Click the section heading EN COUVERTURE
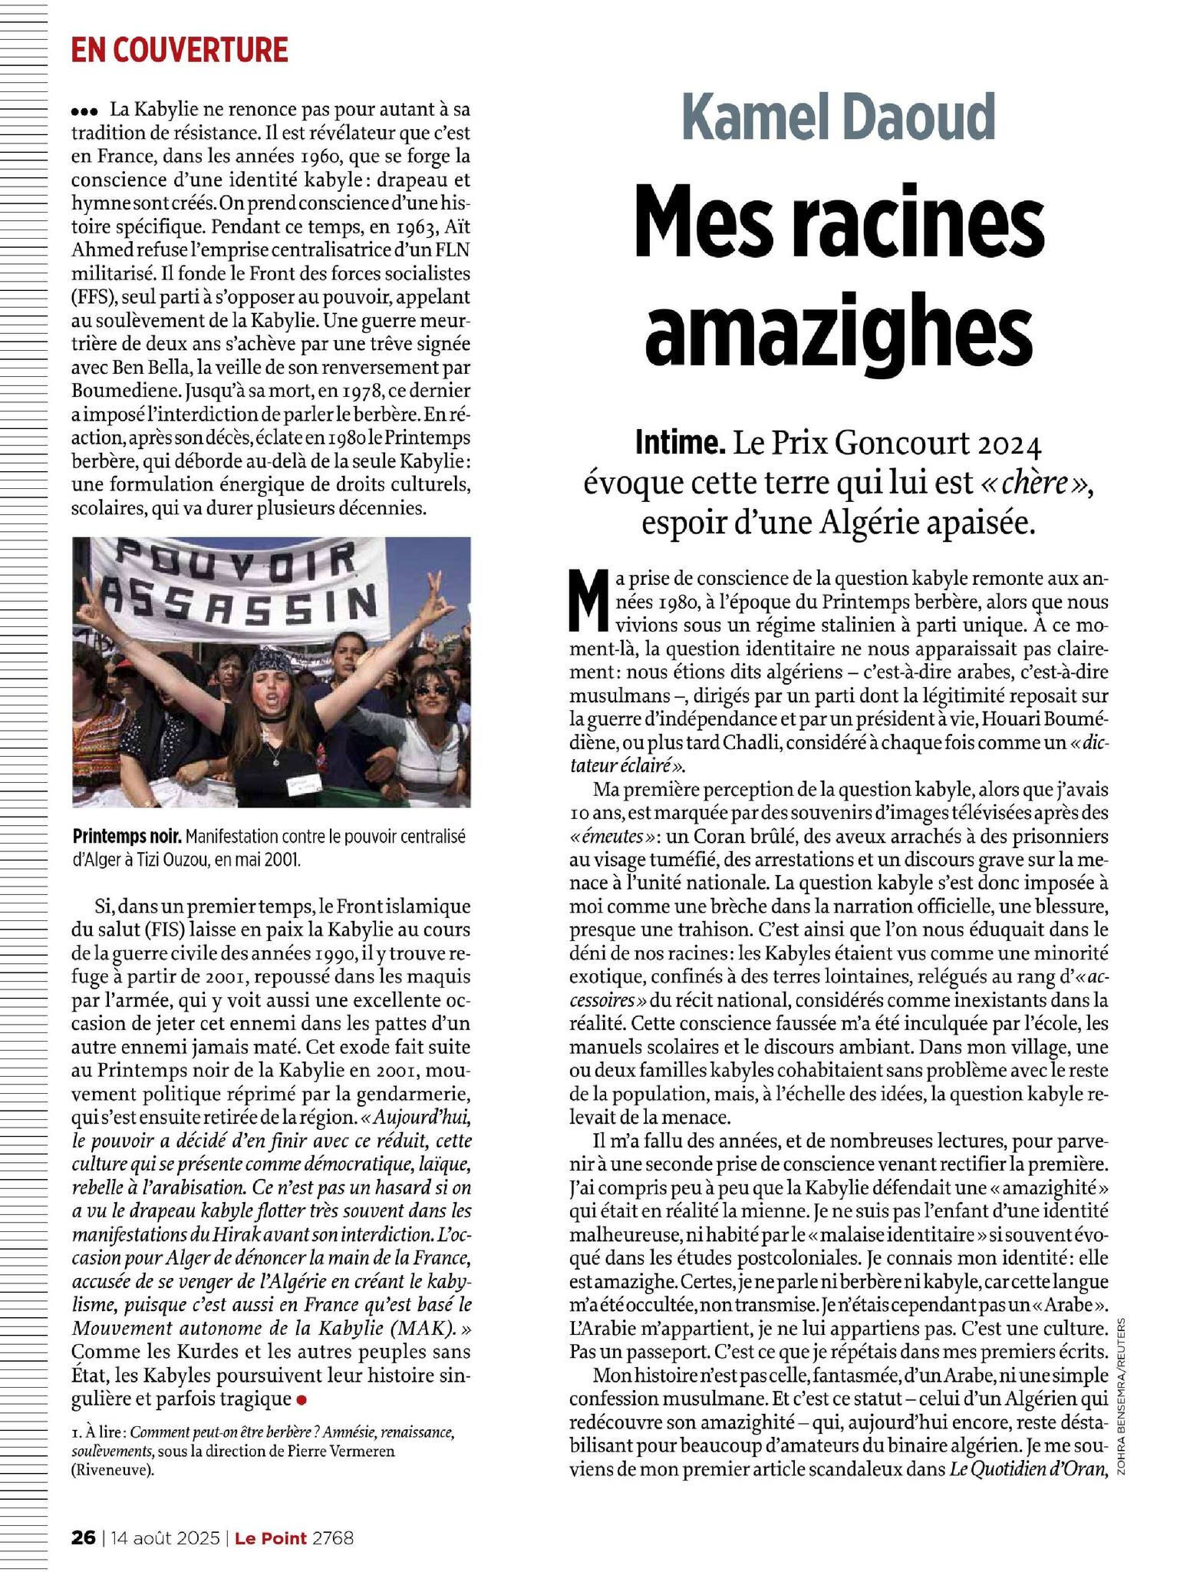(180, 51)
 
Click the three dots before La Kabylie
(86, 112)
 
